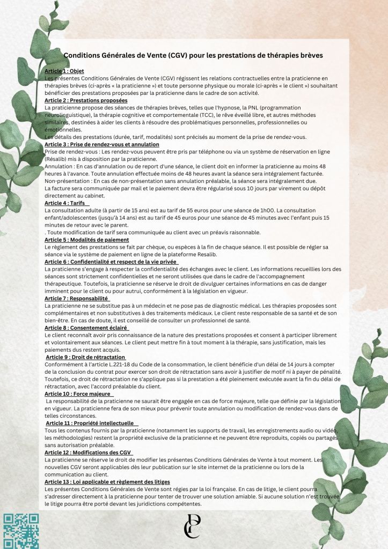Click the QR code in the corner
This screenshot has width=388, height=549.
click(x=21, y=531)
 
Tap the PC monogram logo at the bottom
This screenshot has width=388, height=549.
click(x=192, y=526)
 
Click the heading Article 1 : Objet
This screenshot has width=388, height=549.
click(x=64, y=71)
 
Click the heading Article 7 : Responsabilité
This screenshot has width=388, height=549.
click(x=77, y=298)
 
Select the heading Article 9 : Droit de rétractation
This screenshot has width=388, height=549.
click(x=86, y=357)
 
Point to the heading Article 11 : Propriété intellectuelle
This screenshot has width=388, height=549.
click(x=90, y=423)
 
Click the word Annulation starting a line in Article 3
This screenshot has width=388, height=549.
click(x=59, y=166)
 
